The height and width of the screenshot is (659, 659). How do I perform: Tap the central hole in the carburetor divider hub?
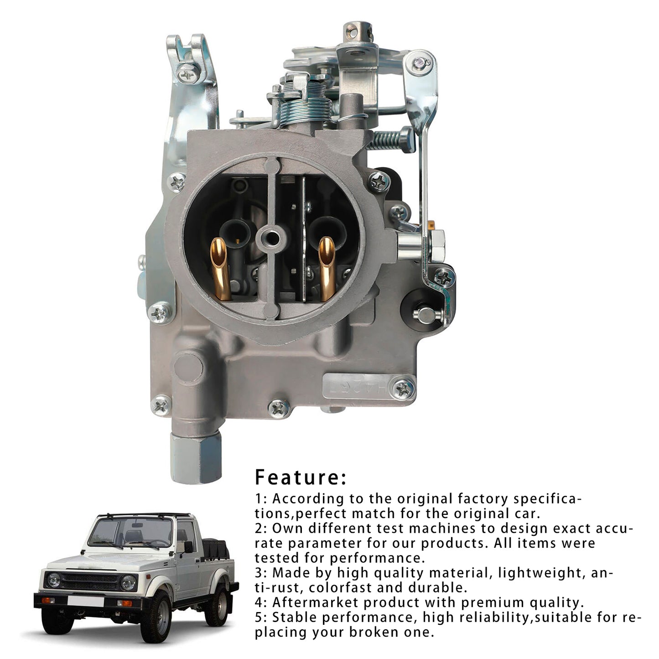274,237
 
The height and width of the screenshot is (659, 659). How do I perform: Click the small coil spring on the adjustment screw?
385,140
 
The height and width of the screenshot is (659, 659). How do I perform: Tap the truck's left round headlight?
54,580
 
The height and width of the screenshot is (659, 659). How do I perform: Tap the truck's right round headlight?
128,582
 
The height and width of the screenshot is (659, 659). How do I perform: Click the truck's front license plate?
85,602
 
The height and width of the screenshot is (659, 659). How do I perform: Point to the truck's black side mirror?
188,546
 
